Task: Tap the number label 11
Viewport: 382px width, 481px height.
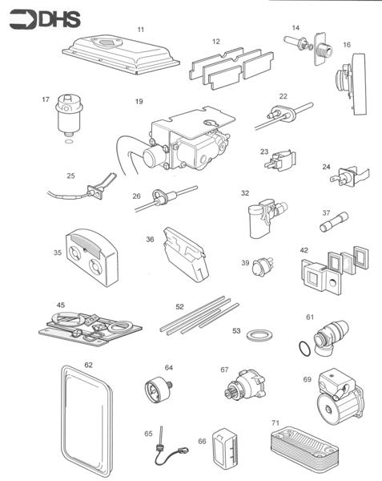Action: pyautogui.click(x=140, y=29)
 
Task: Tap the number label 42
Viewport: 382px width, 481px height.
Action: pyautogui.click(x=304, y=250)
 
